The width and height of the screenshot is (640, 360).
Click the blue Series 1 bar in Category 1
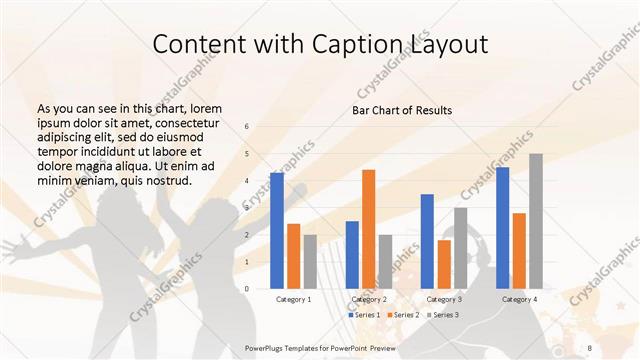(276, 230)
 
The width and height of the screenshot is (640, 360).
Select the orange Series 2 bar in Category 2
(368, 229)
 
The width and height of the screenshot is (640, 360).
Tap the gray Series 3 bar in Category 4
(536, 221)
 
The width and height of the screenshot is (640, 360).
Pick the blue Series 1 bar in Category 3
(427, 241)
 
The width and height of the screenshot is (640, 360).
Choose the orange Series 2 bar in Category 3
(444, 264)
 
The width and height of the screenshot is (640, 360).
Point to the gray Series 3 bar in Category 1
(310, 261)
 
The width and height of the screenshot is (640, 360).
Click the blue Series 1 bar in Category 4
(502, 227)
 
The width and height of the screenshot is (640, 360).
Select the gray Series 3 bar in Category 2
(385, 261)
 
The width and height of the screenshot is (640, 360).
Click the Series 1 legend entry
(364, 315)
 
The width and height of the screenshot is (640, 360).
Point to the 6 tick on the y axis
(247, 127)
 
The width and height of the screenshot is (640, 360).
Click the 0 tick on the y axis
(247, 288)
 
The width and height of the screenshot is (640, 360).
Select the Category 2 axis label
(369, 299)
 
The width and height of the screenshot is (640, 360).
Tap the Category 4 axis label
(519, 299)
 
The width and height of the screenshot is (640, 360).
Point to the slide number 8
(587, 348)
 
